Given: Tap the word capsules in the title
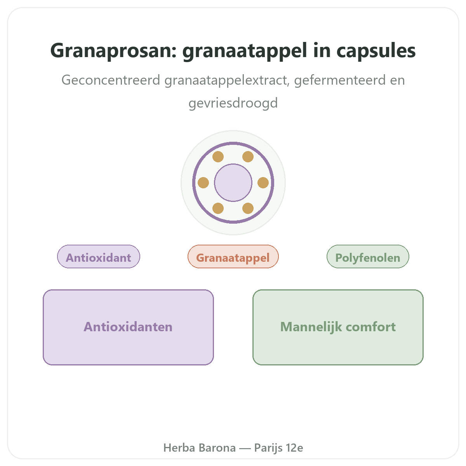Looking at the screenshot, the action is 376,51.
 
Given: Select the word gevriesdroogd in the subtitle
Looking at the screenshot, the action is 233,103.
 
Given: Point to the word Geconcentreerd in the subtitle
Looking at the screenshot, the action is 111,80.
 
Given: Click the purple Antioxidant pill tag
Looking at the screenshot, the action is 98,256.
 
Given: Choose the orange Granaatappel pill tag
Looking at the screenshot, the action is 233,256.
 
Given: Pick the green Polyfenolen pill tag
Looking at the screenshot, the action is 368,256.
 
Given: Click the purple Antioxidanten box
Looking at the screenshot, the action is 128,327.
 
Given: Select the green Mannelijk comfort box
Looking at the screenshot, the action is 338,327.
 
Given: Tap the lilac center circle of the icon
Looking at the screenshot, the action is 233,183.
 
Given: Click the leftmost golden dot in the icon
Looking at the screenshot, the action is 203,183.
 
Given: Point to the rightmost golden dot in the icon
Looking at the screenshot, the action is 263,183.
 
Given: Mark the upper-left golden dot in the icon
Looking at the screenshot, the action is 218,157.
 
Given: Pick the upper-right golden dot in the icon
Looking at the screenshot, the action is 248,157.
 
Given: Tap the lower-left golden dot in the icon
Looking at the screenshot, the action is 218,208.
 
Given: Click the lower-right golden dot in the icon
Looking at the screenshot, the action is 248,208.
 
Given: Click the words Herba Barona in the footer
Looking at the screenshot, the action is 200,448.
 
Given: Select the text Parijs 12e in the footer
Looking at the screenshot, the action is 278,448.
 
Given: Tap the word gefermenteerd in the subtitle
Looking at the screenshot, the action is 340,80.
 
